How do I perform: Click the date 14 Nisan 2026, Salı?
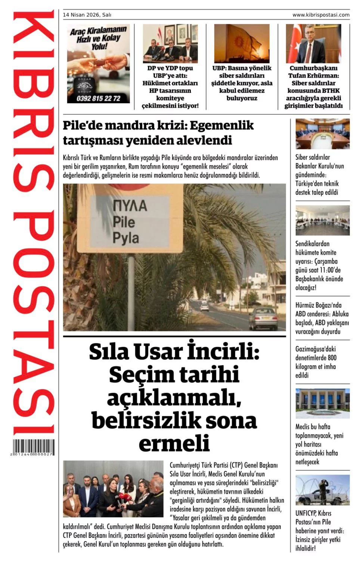click(x=87, y=15)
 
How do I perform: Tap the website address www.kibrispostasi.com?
click(x=321, y=15)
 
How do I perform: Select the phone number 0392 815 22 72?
click(x=99, y=98)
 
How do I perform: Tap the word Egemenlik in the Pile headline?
click(x=221, y=126)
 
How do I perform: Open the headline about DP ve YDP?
click(x=170, y=87)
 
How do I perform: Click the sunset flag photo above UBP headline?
click(x=242, y=44)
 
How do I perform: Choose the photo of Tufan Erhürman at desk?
click(x=313, y=44)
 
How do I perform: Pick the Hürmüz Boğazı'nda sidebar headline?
click(x=322, y=318)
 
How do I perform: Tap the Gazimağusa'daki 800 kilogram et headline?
click(x=316, y=362)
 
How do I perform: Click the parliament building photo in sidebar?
click(x=322, y=403)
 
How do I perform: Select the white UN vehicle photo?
click(x=322, y=490)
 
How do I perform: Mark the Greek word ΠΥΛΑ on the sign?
click(x=130, y=205)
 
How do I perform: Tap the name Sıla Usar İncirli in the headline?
click(x=174, y=352)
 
